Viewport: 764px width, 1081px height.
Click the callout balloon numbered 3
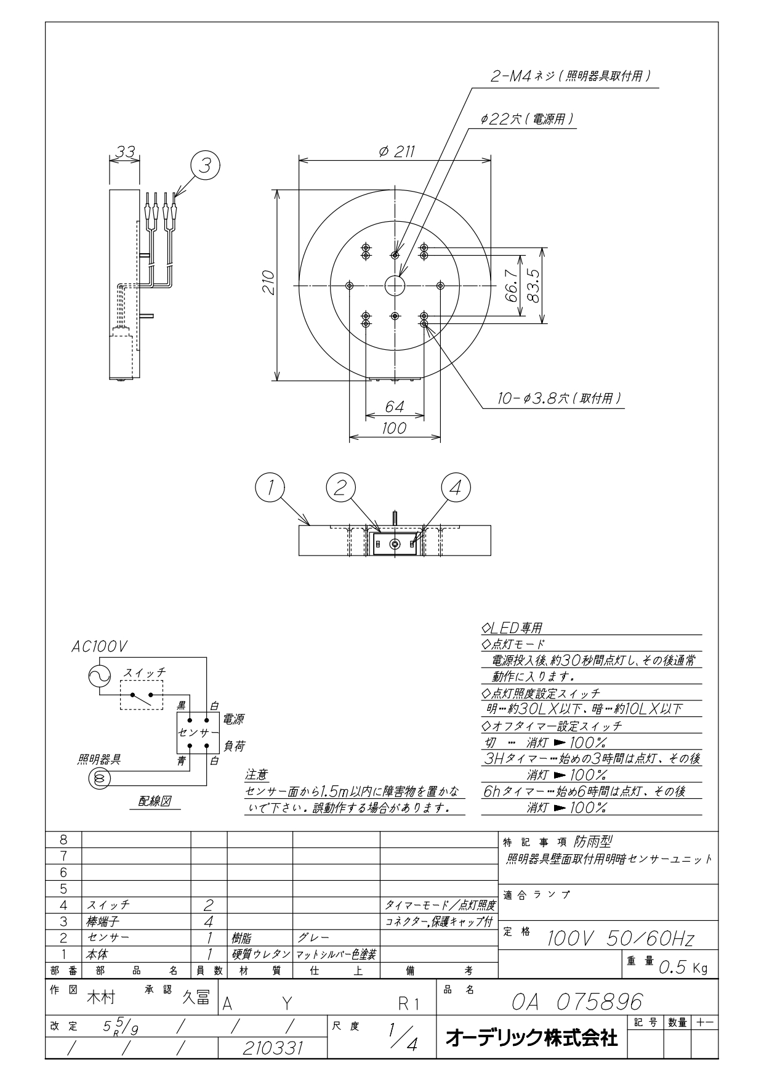tap(206, 165)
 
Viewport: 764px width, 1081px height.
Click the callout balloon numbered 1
tap(270, 488)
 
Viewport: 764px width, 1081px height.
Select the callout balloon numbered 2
tap(340, 488)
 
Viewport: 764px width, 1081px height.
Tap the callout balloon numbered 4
tap(456, 488)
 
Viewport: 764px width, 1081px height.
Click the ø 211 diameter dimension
tap(397, 152)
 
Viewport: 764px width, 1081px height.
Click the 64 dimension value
tap(394, 407)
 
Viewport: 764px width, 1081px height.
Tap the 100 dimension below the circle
tap(394, 427)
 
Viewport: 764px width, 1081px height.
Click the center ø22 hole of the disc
tap(395, 285)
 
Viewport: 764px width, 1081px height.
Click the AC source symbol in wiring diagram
tap(100, 677)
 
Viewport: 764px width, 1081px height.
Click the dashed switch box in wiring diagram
tap(142, 695)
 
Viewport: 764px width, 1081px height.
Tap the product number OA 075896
tap(577, 1000)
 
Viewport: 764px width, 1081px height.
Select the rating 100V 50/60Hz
tap(621, 939)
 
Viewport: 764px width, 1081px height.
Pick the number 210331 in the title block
tap(273, 1047)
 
